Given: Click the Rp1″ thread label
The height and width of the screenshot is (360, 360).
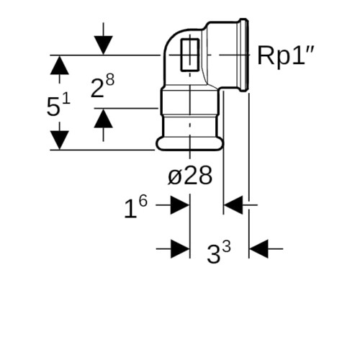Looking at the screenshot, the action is pos(286,55).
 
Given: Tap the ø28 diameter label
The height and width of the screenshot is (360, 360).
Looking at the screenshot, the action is pos(190,176).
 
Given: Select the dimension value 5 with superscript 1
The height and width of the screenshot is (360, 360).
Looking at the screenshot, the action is pos(58,105).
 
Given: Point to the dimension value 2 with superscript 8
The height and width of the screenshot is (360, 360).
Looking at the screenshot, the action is pos(102,85).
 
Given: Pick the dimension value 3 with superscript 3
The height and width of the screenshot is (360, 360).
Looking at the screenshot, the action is pos(219,252).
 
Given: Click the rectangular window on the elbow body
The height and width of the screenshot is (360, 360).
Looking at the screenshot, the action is pos(190,55).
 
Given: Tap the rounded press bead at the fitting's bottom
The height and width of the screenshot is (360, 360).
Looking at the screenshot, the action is pos(189,144).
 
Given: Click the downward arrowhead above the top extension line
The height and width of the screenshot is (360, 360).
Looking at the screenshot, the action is pos(104,45).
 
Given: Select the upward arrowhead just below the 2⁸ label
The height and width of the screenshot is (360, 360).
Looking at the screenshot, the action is pos(104,118).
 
